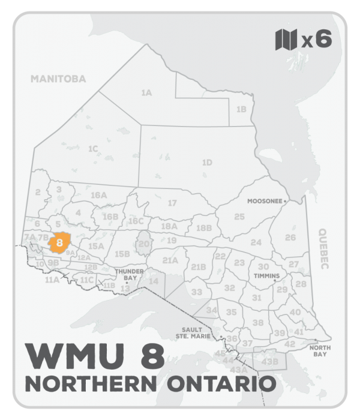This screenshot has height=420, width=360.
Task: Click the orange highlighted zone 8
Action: point(59,242)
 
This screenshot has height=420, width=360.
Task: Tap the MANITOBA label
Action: point(58,79)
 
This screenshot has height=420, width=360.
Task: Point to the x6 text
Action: point(316,40)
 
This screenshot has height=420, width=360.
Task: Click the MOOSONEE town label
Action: point(265,202)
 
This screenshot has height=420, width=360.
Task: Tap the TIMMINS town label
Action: point(267,276)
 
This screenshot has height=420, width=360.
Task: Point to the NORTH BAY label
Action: point(318,351)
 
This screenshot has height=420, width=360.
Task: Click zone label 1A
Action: point(146,93)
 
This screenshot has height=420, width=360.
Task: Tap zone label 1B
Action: point(241,109)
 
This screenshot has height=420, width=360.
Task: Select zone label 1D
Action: point(207,162)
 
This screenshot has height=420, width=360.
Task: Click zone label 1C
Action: point(92,148)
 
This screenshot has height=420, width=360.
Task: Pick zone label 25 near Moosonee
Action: point(239,216)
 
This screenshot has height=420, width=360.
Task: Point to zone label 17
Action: point(172,203)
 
